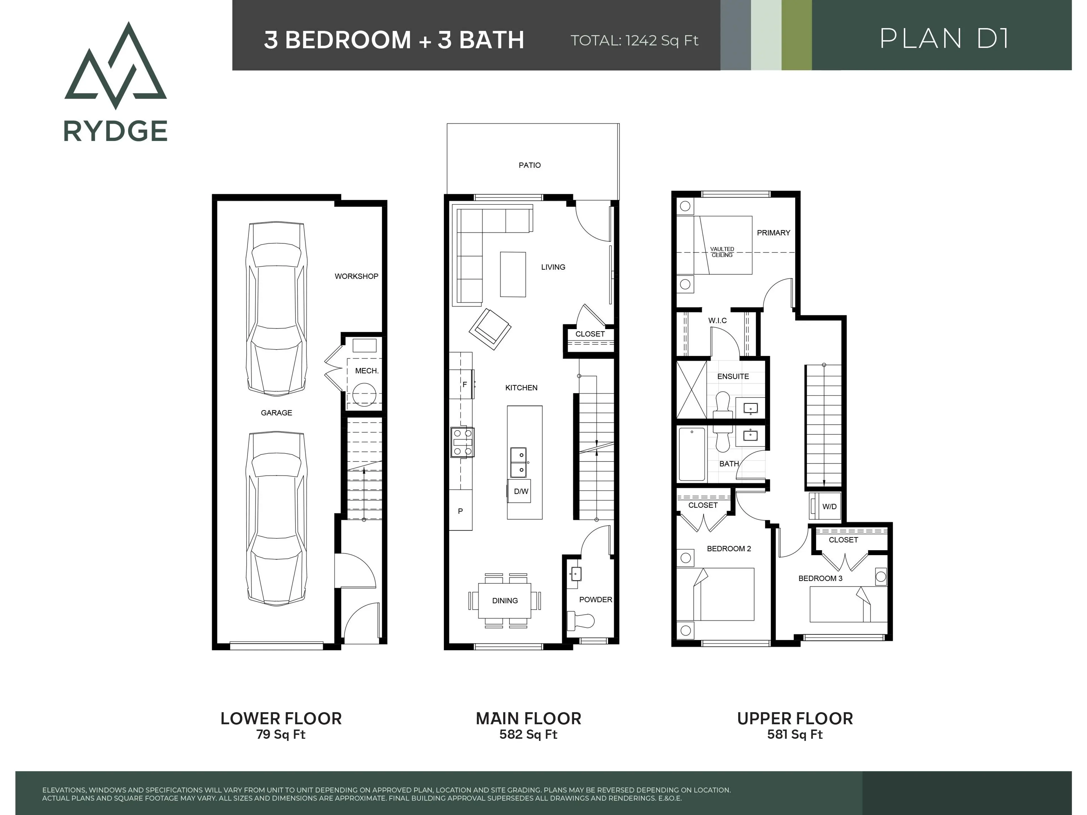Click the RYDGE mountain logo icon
tap(115, 66)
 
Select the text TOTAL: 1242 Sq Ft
tap(634, 40)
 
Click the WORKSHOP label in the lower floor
tap(356, 276)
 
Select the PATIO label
tap(529, 165)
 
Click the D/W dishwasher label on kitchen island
tap(521, 491)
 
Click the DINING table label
tap(505, 600)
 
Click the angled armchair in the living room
tap(490, 329)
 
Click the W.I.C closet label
tap(717, 320)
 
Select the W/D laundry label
tap(829, 507)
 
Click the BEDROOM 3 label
tap(820, 578)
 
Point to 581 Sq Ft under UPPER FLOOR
tap(795, 734)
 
